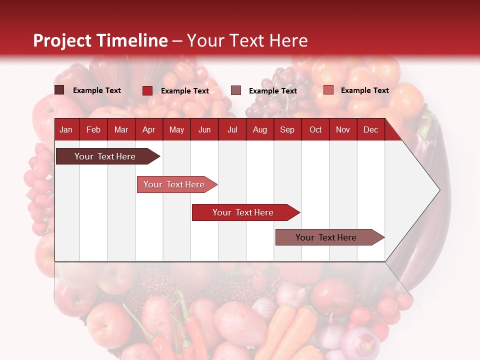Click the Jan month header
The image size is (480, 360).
[x=66, y=129]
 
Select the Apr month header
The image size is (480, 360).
[x=148, y=129]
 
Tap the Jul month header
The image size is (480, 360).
[x=232, y=129]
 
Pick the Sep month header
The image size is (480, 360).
[x=287, y=129]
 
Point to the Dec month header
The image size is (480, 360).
[x=370, y=129]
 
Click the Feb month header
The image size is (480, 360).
[x=93, y=129]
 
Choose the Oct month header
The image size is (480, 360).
[x=315, y=129]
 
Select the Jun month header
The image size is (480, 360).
[x=204, y=129]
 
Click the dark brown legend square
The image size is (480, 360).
[x=59, y=90]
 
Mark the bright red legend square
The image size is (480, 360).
[x=147, y=90]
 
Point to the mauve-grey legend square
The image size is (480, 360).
[x=236, y=90]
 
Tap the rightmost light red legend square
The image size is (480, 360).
[x=328, y=90]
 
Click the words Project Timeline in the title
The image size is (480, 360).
[x=100, y=40]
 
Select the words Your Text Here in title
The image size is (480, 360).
[x=247, y=40]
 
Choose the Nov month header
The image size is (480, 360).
[x=342, y=129]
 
